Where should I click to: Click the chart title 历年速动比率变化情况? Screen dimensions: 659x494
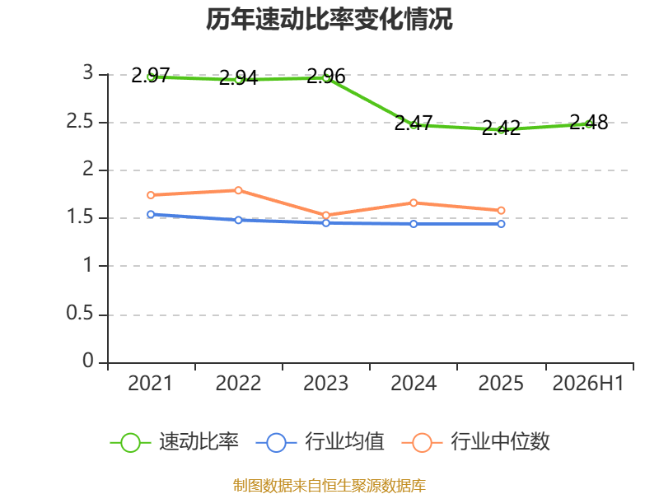pos(329,19)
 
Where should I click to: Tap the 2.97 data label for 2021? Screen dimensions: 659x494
pos(151,76)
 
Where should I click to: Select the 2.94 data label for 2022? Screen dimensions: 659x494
pos(238,78)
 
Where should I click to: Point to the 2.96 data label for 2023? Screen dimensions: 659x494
pos(326,77)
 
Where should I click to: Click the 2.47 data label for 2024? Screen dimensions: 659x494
pos(414,123)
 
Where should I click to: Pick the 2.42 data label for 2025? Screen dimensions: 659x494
pos(501,128)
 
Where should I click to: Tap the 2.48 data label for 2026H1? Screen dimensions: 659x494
pos(589,122)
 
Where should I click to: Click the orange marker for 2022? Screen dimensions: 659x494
pos(238,190)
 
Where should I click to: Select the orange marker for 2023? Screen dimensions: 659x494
pos(326,216)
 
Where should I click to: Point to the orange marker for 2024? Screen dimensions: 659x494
pos(414,203)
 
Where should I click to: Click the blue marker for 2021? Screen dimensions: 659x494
pos(151,214)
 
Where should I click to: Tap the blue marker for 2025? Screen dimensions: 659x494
pos(501,224)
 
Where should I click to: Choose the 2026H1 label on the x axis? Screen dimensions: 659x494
pos(588,384)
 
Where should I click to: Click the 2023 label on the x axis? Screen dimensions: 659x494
pos(326,384)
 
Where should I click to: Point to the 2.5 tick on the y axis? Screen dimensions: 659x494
pos(80,122)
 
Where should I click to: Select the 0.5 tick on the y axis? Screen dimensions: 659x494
pos(80,314)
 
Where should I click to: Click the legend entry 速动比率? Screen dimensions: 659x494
pos(174,442)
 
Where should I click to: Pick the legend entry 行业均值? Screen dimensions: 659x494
pos(320,442)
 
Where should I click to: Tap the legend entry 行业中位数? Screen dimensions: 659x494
pos(476,442)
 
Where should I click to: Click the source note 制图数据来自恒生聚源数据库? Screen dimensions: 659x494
pos(329,486)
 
